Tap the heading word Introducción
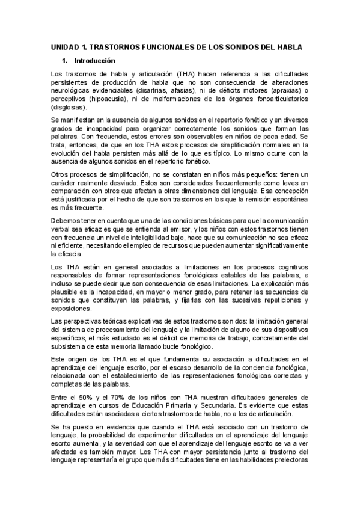point(94,61)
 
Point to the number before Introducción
point(64,61)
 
